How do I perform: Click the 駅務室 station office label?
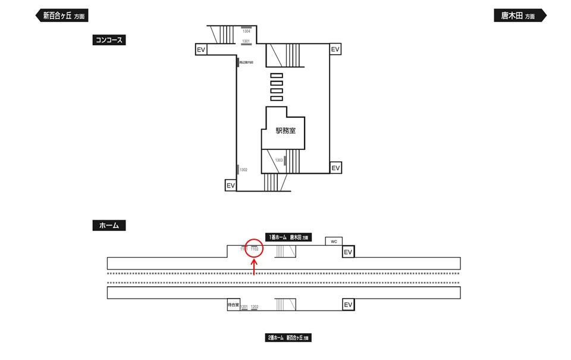pyautogui.click(x=285, y=131)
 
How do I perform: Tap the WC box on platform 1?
pyautogui.click(x=334, y=242)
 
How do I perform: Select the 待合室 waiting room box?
pyautogui.click(x=233, y=305)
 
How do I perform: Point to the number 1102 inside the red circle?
pyautogui.click(x=254, y=249)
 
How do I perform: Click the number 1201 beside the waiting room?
pyautogui.click(x=244, y=307)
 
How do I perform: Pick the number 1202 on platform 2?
pyautogui.click(x=255, y=307)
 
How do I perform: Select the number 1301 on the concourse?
pyautogui.click(x=246, y=41)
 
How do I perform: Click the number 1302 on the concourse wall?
pyautogui.click(x=243, y=170)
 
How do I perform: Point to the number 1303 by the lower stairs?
pyautogui.click(x=279, y=160)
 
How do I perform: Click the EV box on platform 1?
pyautogui.click(x=349, y=252)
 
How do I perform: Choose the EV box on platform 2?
pyautogui.click(x=349, y=305)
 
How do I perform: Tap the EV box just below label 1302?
pyautogui.click(x=231, y=186)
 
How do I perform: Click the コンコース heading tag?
pyautogui.click(x=109, y=40)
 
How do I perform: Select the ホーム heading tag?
pyautogui.click(x=109, y=226)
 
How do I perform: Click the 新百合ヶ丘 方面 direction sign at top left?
pyautogui.click(x=63, y=16)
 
